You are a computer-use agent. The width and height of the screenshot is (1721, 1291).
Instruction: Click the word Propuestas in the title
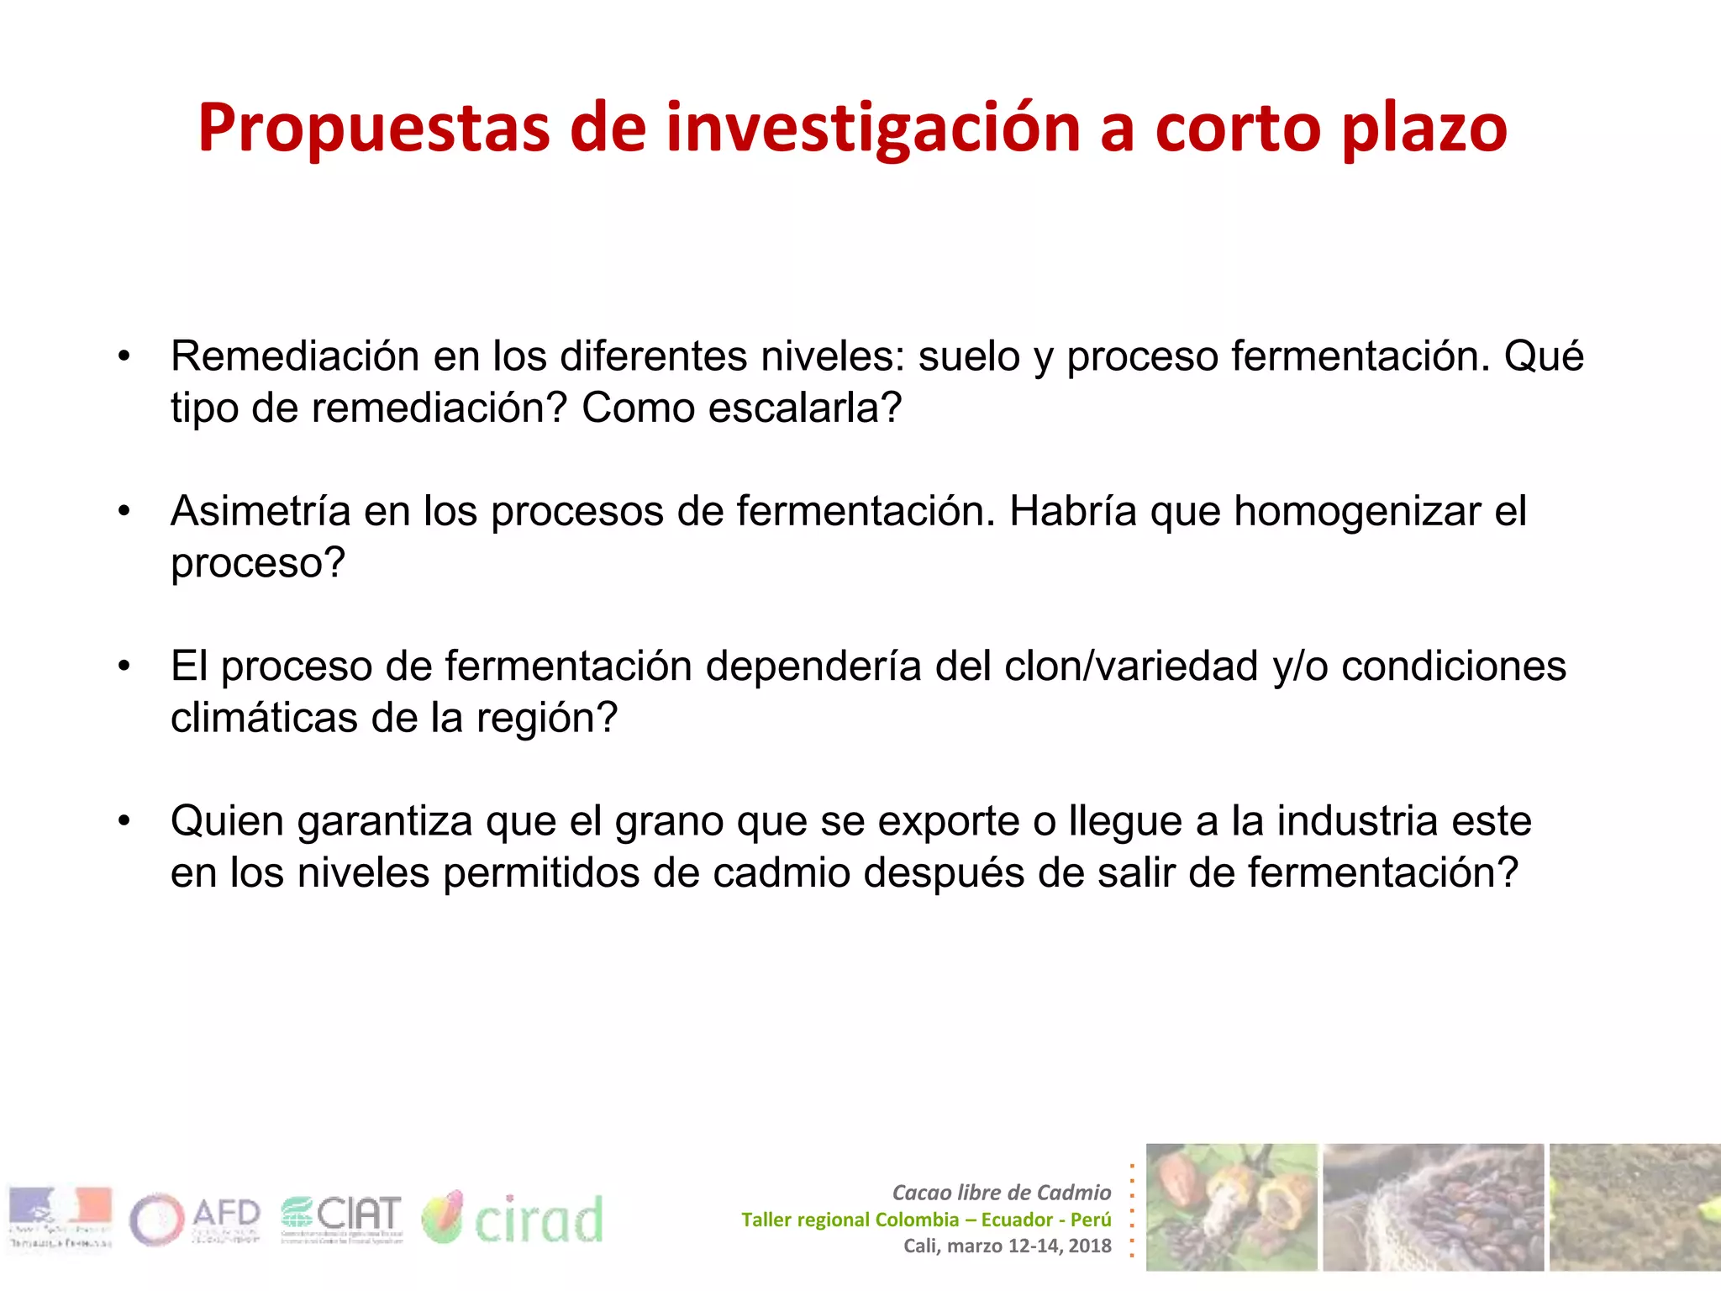pos(372,129)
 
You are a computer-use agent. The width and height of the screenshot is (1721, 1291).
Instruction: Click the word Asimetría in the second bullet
pos(261,511)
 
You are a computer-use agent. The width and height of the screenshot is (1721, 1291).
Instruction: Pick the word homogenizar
pos(1357,511)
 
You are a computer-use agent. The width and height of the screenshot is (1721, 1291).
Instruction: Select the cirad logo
pos(513,1219)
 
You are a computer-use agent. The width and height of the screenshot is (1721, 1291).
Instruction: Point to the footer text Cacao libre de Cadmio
pos(1002,1193)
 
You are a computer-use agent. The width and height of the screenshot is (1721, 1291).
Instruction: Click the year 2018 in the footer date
pos(1090,1246)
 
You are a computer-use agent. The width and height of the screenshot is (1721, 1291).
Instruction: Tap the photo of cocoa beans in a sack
pos(1433,1207)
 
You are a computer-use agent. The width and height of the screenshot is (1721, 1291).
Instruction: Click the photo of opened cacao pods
pos(1231,1207)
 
